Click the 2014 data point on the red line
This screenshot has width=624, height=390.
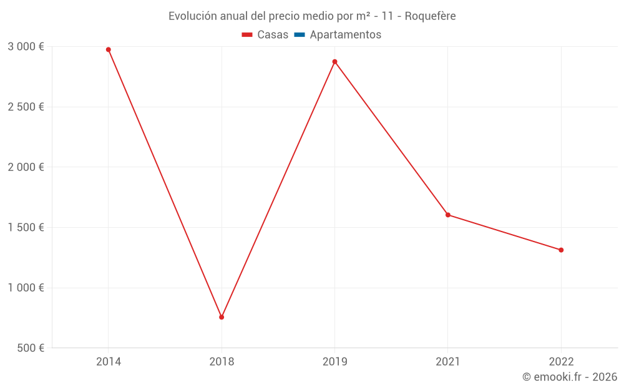(108, 49)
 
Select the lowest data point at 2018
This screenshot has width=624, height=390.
(222, 317)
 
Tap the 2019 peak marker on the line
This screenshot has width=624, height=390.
(334, 62)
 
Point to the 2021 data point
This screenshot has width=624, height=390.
(448, 215)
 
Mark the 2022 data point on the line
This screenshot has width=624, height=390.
(561, 250)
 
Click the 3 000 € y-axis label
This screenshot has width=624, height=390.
(26, 47)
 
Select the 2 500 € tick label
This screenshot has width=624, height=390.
(26, 107)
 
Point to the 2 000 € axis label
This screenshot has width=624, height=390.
(26, 167)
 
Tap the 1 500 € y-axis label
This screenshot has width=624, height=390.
(26, 227)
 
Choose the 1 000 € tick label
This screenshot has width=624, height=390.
(26, 288)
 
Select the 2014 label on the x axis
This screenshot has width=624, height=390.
(108, 361)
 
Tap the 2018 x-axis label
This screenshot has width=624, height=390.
(222, 361)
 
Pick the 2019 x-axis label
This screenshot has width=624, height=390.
(334, 361)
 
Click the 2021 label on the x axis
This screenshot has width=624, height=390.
(448, 361)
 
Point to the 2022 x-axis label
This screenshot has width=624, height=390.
(561, 361)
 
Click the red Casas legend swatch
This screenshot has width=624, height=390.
(247, 35)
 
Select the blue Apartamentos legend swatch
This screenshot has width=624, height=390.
(299, 35)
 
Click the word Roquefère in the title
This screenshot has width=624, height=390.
(430, 16)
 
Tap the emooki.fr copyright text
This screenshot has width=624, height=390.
(570, 377)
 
